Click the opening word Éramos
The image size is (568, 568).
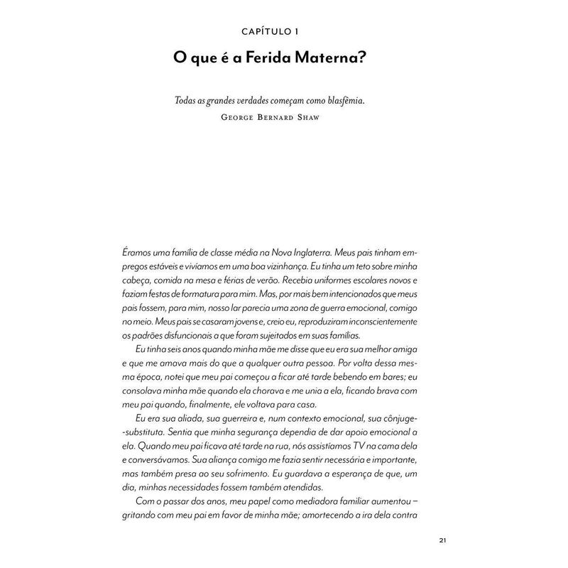[x=138, y=252]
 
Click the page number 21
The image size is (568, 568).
[x=442, y=541]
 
